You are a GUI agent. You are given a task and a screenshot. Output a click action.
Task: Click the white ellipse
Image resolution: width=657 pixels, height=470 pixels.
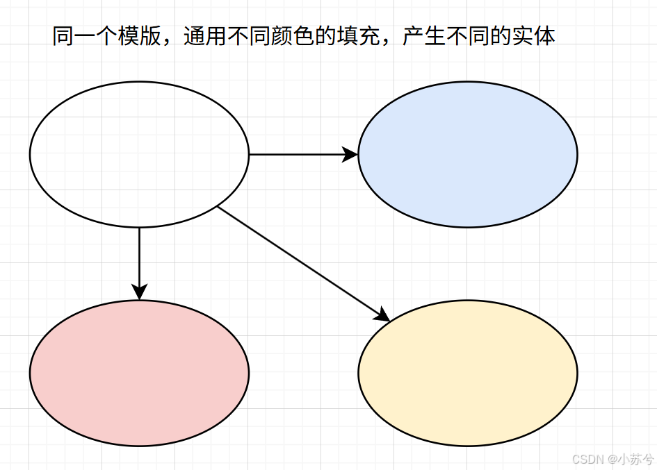(x=139, y=154)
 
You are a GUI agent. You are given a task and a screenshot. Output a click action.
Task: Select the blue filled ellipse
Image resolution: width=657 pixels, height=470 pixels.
(x=467, y=154)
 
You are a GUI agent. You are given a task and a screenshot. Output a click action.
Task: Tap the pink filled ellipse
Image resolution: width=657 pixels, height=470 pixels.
(x=139, y=373)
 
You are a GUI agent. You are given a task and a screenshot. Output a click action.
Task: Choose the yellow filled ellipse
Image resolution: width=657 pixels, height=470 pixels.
(x=467, y=373)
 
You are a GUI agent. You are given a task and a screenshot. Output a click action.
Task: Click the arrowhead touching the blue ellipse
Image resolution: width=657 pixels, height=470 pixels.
(x=350, y=154)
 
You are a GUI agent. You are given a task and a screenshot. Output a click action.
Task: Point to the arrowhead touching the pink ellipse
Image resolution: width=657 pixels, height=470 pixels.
(x=139, y=292)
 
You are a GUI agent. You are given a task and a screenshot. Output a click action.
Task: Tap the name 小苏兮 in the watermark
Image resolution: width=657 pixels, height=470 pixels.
(x=637, y=459)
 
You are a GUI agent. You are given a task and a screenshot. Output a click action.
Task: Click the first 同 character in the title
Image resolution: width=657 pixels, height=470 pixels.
(x=63, y=36)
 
